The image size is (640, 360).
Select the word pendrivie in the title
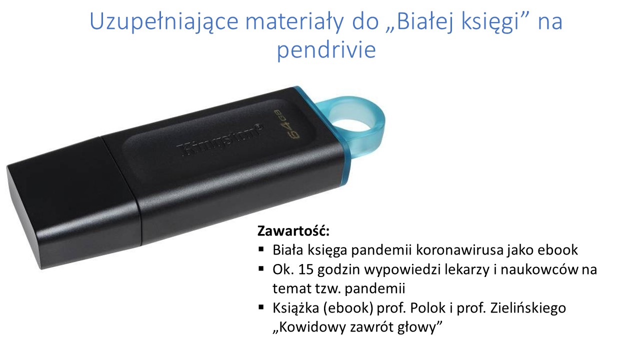click(326, 50)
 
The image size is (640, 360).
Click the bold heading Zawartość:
click(293, 231)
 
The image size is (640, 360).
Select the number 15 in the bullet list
click(305, 269)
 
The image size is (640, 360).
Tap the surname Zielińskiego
click(528, 308)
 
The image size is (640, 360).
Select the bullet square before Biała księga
click(261, 249)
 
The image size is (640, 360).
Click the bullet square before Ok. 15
click(261, 269)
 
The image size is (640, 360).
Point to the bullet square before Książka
click(261, 307)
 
